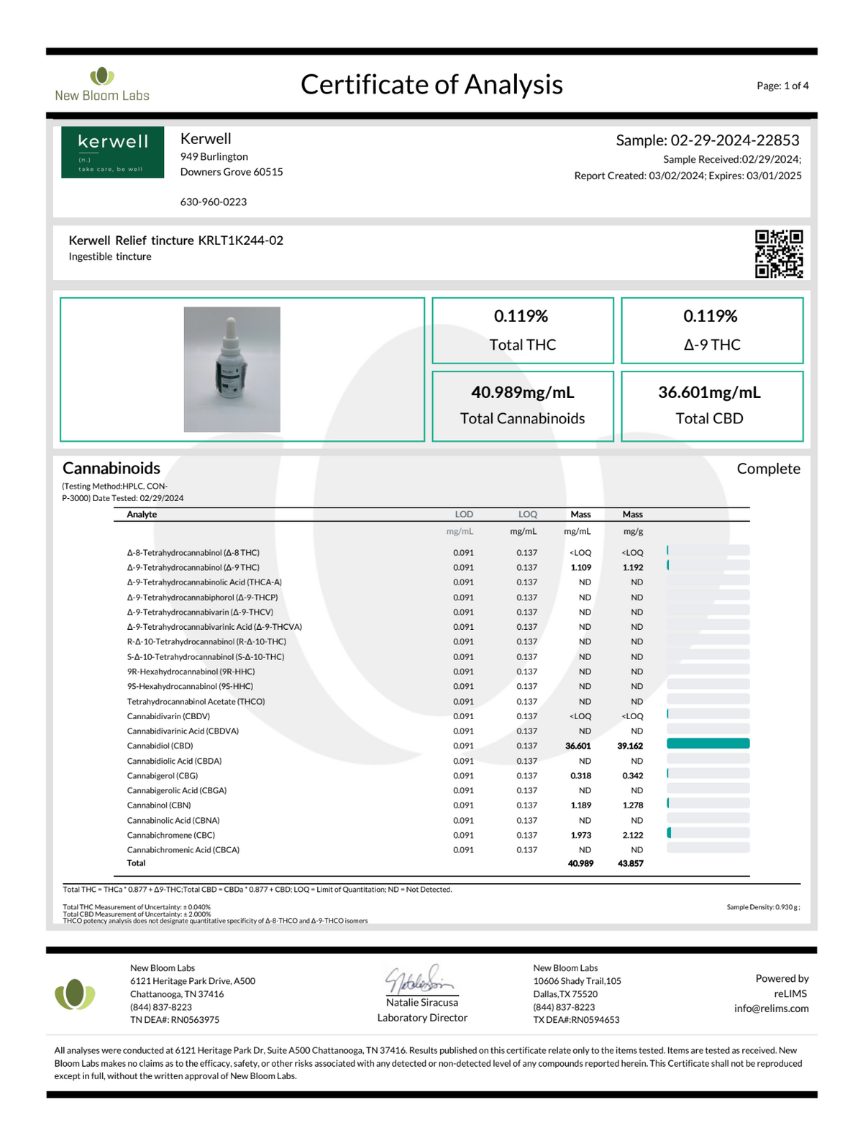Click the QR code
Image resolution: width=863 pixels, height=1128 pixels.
[x=779, y=253]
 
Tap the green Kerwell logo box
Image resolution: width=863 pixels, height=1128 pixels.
[x=112, y=152]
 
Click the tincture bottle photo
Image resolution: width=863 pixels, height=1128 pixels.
[x=232, y=369]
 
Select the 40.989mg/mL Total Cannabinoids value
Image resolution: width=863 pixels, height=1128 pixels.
[x=523, y=392]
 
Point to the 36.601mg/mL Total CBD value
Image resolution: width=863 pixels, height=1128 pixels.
[x=709, y=392]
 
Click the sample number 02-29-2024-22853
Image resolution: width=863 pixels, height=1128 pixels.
[x=734, y=140]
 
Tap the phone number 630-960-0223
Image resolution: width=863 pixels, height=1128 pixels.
[x=214, y=202]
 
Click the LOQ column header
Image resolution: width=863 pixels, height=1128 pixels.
[x=527, y=515]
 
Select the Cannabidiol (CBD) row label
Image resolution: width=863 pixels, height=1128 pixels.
[x=160, y=746]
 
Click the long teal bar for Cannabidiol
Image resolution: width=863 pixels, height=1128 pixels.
[x=708, y=744]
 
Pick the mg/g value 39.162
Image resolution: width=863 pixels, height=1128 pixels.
[x=630, y=746]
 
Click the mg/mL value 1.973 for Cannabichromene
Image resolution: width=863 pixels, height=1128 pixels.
[x=580, y=836]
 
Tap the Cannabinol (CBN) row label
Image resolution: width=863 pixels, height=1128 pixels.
[x=159, y=806]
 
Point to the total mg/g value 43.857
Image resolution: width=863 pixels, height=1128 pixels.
[x=630, y=863]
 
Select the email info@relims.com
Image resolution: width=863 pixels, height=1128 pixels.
[x=771, y=1009]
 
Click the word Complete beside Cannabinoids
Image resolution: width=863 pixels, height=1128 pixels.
[x=768, y=469]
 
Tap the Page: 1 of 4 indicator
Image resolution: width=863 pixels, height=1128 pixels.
[x=782, y=86]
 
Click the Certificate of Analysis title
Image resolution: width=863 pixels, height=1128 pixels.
[x=431, y=84]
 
